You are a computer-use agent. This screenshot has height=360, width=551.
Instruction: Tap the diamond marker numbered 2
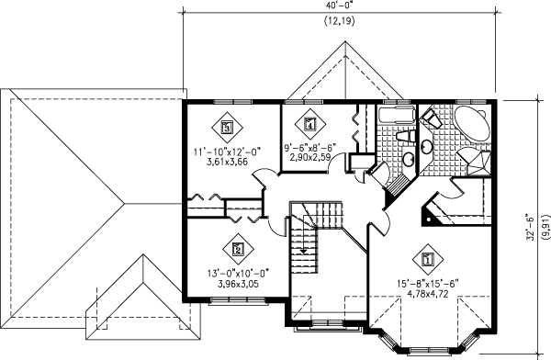tap(237, 248)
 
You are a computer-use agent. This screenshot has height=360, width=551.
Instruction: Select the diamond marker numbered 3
tap(226, 128)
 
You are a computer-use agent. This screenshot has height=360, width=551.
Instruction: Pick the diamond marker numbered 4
tap(309, 124)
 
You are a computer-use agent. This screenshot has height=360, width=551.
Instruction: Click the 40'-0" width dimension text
tap(338, 6)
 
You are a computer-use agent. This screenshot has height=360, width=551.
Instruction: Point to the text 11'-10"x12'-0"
tap(227, 152)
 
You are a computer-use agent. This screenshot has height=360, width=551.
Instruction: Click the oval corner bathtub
tap(469, 124)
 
